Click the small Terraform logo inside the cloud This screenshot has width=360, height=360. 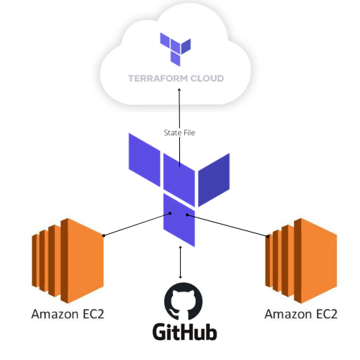point(175,48)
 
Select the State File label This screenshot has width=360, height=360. point(180,132)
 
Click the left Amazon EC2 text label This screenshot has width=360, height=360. point(66,315)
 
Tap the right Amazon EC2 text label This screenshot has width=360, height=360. point(300,315)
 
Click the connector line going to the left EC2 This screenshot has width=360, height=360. point(137,223)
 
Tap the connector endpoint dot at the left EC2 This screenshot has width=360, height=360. point(105,235)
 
